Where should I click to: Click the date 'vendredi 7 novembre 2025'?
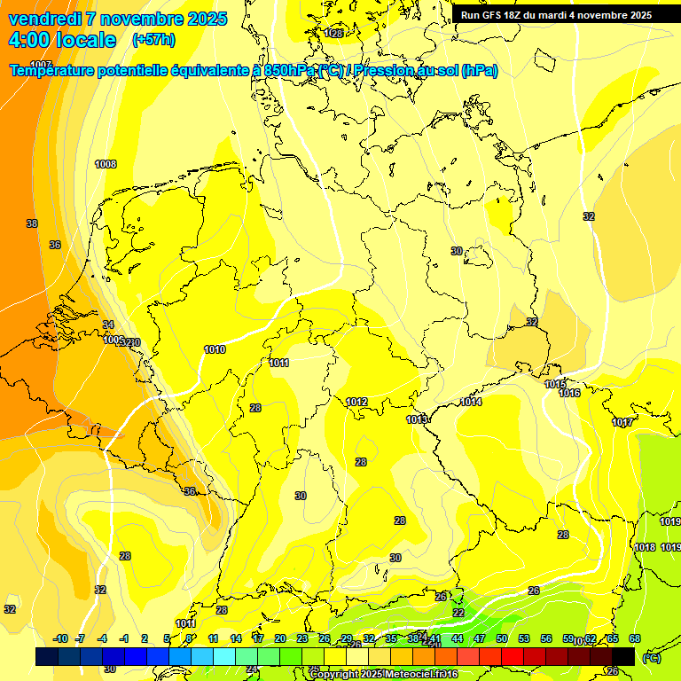pyautogui.click(x=117, y=19)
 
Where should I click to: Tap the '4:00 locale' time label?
pyautogui.click(x=62, y=40)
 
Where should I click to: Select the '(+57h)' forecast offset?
pyautogui.click(x=153, y=40)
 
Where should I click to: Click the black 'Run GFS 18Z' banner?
pyautogui.click(x=557, y=15)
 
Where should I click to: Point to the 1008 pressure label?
pyautogui.click(x=106, y=164)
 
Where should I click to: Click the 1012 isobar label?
pyautogui.click(x=356, y=403)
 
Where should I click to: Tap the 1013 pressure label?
pyautogui.click(x=417, y=419)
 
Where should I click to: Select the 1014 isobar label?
pyautogui.click(x=471, y=403)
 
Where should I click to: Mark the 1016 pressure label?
pyautogui.click(x=569, y=393)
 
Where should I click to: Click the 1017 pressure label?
pyautogui.click(x=622, y=422)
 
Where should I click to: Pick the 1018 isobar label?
pyautogui.click(x=646, y=547)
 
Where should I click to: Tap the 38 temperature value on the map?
pyautogui.click(x=32, y=224)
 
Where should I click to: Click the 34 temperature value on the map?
pyautogui.click(x=108, y=325)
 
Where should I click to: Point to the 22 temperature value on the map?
pyautogui.click(x=458, y=613)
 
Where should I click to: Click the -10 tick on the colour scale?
pyautogui.click(x=61, y=638)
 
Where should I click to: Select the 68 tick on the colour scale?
pyautogui.click(x=635, y=638)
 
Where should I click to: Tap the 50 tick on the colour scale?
pyautogui.click(x=502, y=638)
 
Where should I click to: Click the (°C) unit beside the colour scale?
pyautogui.click(x=651, y=657)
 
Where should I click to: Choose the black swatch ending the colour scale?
pyautogui.click(x=623, y=656)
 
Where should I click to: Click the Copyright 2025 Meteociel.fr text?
pyautogui.click(x=383, y=674)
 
